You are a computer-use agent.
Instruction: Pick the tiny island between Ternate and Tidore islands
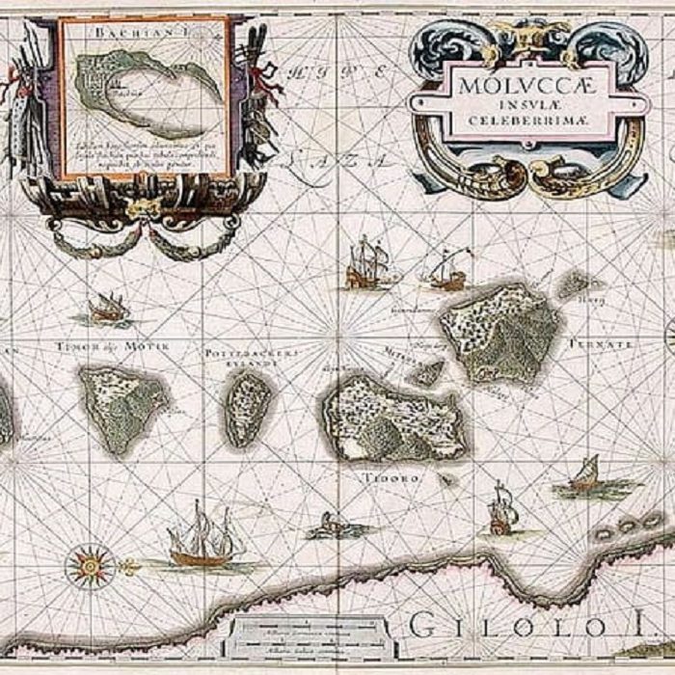click(425, 371)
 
